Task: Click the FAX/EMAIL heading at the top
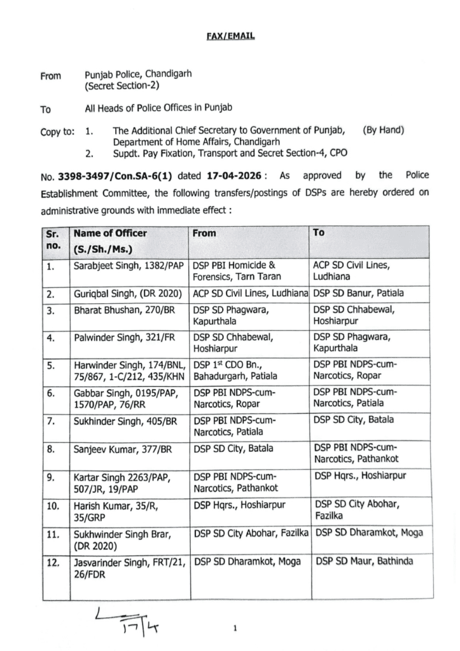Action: (x=230, y=36)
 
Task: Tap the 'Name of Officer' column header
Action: (x=109, y=233)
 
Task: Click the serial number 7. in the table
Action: (x=50, y=420)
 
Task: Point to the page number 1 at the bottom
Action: (x=235, y=630)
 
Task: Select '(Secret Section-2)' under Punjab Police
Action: (x=122, y=85)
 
